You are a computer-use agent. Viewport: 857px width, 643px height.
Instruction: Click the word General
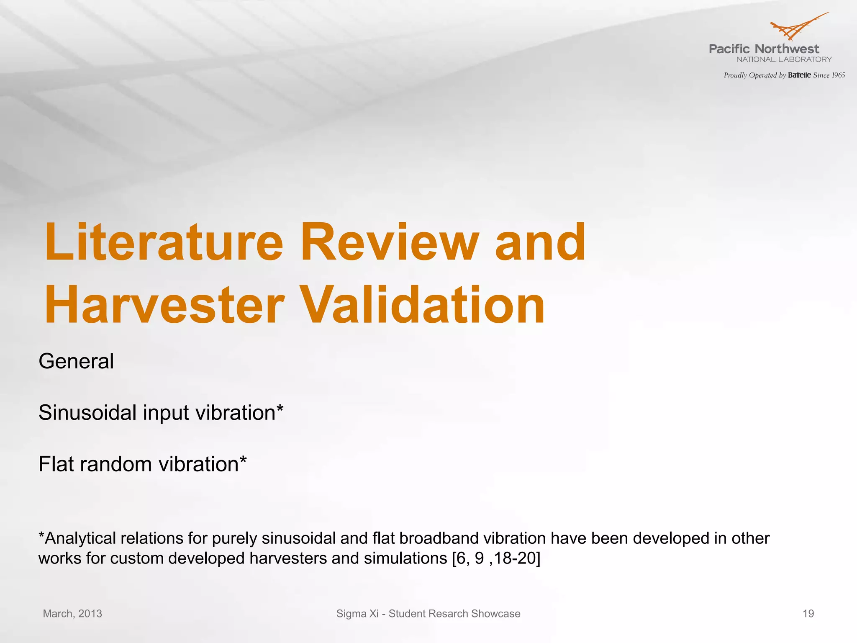(x=76, y=361)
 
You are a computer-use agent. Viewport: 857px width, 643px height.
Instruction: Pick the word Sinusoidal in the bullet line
(x=88, y=413)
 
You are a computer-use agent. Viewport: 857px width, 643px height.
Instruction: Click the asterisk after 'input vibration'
(x=280, y=408)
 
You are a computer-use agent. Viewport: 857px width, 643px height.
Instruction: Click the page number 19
(x=808, y=614)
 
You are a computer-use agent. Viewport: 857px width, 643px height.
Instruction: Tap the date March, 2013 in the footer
(x=72, y=614)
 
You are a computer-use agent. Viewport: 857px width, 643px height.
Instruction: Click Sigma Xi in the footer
(x=357, y=614)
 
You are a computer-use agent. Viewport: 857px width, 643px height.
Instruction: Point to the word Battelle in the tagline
(x=799, y=75)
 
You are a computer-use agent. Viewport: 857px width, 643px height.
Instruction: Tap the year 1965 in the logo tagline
(x=838, y=75)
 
